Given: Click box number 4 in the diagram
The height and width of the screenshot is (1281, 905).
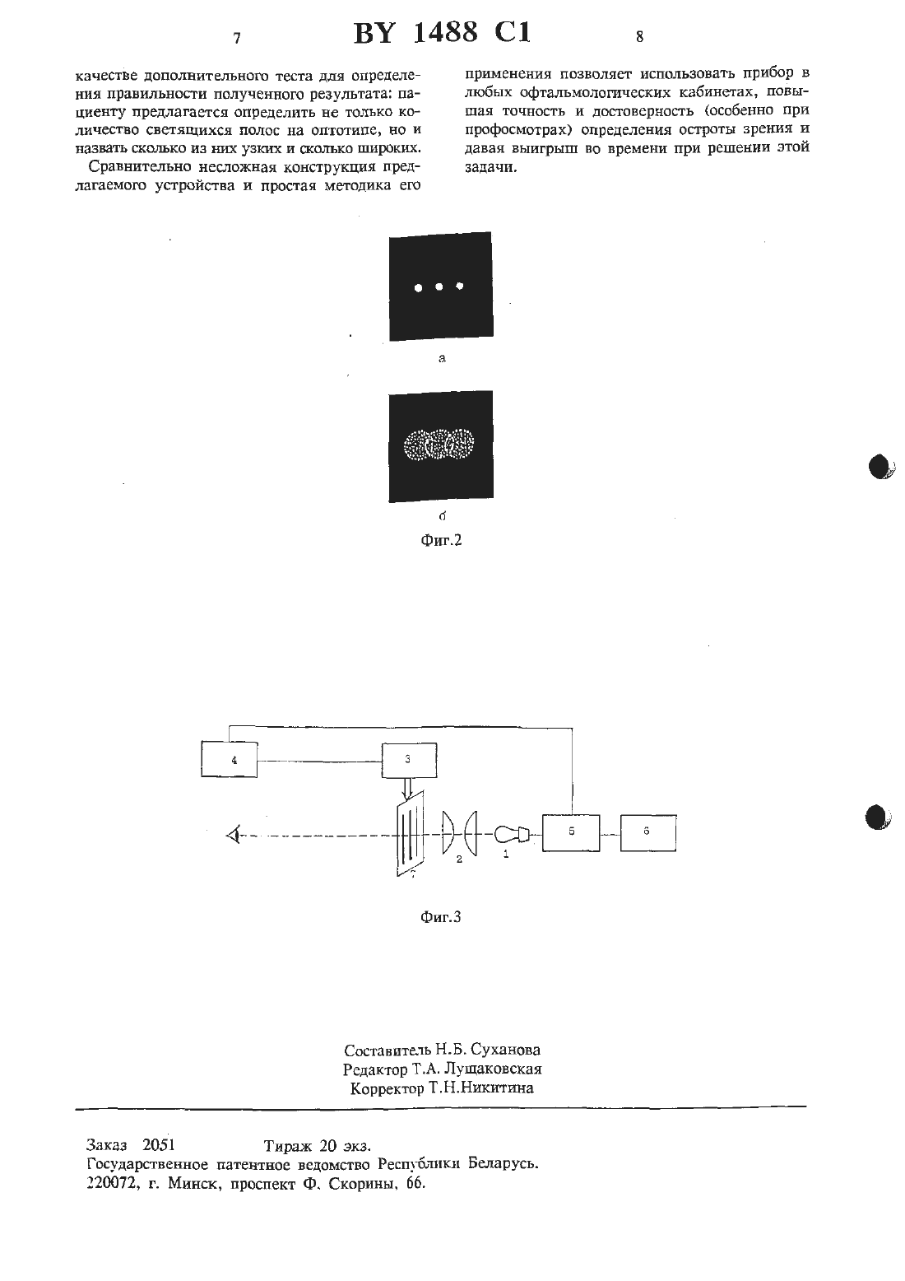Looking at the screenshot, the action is click(229, 759).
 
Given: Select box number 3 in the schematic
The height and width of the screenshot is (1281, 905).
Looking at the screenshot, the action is click(409, 760).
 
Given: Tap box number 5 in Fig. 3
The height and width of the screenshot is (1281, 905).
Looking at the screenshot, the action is click(571, 832).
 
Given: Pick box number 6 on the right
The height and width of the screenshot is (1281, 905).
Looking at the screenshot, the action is click(648, 832).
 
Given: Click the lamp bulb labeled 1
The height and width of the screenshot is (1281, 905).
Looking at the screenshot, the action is click(510, 834).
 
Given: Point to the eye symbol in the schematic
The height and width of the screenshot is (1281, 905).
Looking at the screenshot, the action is click(233, 836).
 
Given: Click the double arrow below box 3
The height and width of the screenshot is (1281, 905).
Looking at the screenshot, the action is click(407, 788).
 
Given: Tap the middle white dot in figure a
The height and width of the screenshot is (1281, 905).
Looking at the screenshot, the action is click(439, 286).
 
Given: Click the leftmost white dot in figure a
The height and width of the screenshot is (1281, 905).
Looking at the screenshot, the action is click(418, 288).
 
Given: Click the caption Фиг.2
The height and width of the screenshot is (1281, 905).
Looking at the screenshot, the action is click(440, 540).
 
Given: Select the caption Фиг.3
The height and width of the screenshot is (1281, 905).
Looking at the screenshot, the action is click(440, 917).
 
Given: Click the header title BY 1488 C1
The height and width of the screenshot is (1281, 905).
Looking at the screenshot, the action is click(443, 33).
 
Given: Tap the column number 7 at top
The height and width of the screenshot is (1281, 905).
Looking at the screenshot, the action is click(237, 38).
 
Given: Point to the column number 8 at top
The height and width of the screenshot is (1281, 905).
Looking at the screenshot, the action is click(639, 37).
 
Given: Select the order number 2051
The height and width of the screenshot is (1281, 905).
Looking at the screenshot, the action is click(158, 1144).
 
